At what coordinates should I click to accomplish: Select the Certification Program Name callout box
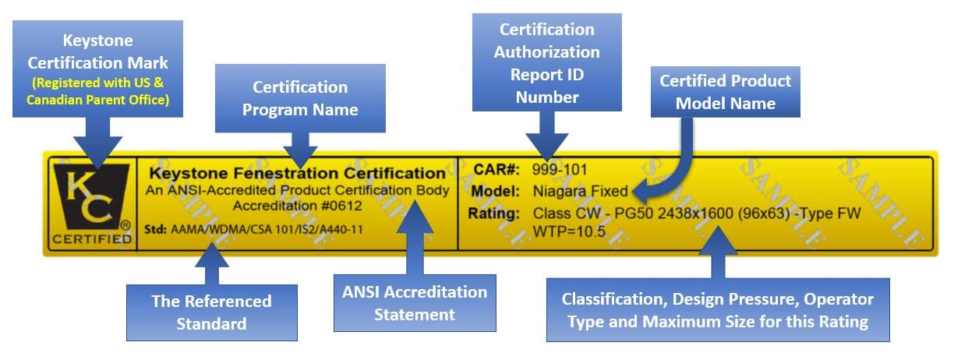click(x=300, y=97)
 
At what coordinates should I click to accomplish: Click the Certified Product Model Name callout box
click(x=725, y=91)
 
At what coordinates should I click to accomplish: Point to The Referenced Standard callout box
click(x=211, y=312)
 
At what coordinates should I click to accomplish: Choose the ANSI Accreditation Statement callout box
click(x=414, y=303)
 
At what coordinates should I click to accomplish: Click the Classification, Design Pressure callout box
click(x=717, y=310)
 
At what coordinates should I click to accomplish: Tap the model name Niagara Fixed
click(x=580, y=191)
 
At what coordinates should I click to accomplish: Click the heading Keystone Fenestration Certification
click(x=296, y=173)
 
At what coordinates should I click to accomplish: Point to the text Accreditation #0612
click(x=296, y=205)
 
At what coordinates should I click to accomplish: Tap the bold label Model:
click(x=496, y=191)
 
